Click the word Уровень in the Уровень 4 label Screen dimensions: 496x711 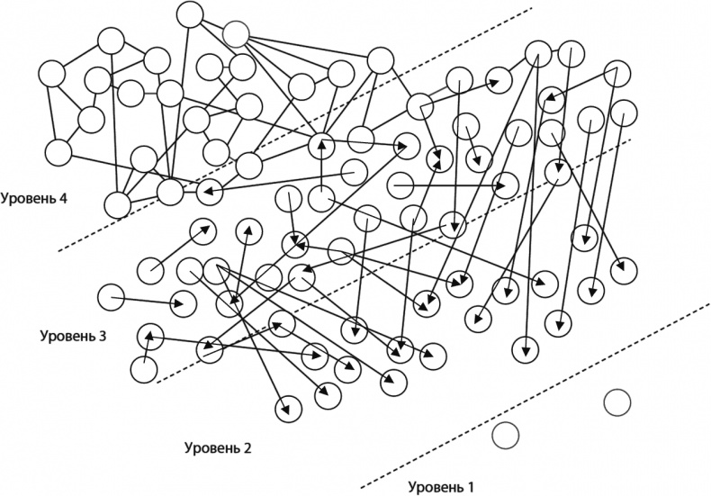coord(28,198)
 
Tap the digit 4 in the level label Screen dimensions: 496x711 coord(64,198)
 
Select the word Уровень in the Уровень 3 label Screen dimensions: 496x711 coord(67,336)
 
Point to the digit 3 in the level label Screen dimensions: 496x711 coord(103,336)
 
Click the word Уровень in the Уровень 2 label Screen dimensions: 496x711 coord(211,447)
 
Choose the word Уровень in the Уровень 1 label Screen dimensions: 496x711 coord(436,487)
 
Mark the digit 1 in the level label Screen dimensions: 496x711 coord(470,487)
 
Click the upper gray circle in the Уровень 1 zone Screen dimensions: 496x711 coord(616,402)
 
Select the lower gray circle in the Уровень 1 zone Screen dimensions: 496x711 coord(506,436)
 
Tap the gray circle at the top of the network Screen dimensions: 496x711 coord(236,34)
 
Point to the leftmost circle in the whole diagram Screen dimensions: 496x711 coord(50,73)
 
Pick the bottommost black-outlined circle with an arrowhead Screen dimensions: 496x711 coord(289,408)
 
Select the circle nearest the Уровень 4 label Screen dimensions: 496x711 coord(118,204)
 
